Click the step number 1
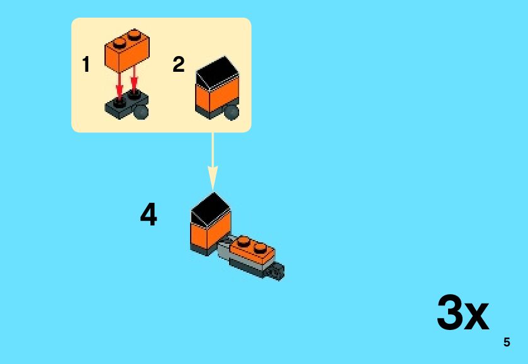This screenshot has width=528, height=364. pos(86,64)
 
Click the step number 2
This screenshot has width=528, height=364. pos(179,64)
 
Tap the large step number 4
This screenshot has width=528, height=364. pos(149,215)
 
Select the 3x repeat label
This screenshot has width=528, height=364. pos(463,313)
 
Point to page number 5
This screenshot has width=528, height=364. pos(507,343)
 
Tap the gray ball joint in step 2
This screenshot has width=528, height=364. pos(233,112)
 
